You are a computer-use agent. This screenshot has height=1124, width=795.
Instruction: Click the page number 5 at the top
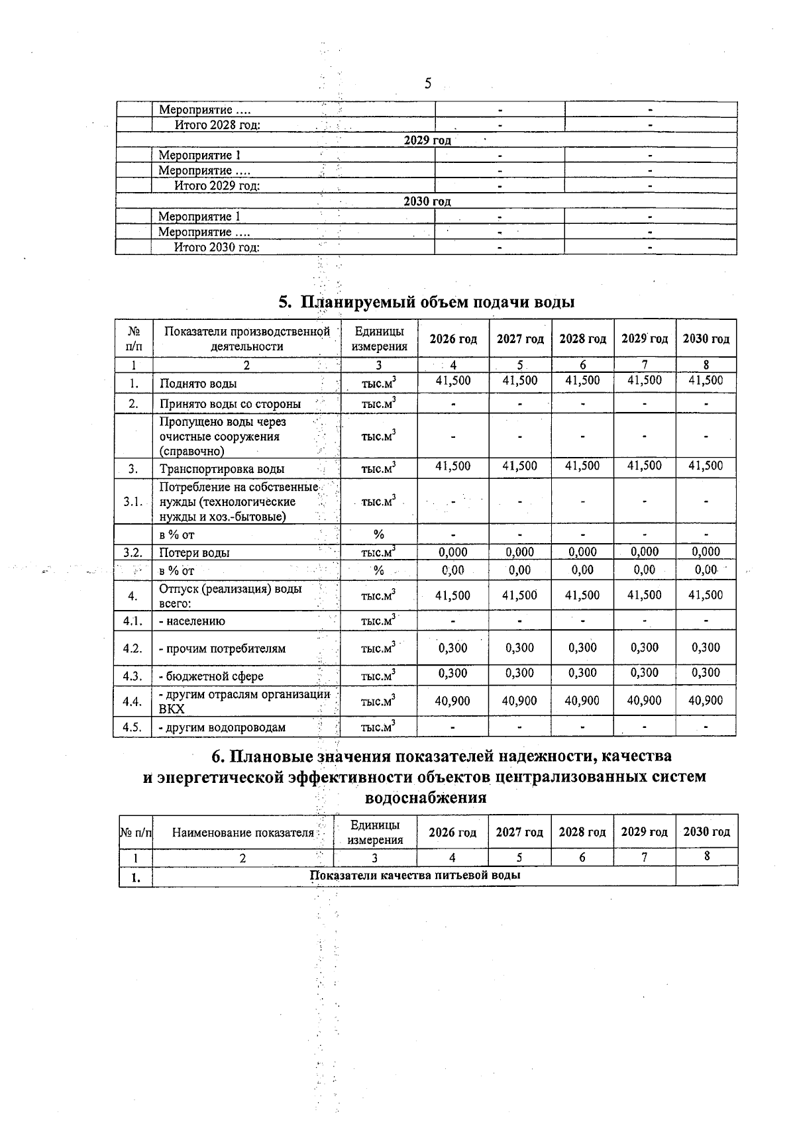[427, 84]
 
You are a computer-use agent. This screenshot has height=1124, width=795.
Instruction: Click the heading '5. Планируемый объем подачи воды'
[426, 302]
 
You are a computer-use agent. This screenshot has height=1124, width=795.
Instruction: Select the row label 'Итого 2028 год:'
[217, 125]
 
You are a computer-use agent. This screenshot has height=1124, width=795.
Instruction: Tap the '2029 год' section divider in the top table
[427, 140]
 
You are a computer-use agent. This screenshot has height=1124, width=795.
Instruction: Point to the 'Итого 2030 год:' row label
[217, 247]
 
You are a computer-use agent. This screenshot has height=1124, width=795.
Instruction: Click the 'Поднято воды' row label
[198, 383]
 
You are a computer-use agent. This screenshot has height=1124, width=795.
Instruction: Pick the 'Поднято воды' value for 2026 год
[452, 381]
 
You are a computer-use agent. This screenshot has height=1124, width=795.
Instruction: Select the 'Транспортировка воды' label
[222, 469]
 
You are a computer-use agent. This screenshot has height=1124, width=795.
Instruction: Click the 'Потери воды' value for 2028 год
[582, 552]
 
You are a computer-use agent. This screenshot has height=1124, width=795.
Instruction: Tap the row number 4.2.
[132, 648]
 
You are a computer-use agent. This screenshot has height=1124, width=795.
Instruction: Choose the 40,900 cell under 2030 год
[706, 700]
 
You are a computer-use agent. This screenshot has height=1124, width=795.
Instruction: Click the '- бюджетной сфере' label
[211, 676]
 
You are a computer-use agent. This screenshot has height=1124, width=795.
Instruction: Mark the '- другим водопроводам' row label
[222, 727]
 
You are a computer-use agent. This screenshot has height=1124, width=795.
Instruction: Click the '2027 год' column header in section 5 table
[520, 339]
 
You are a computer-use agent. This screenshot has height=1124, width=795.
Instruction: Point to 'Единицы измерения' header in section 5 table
[379, 338]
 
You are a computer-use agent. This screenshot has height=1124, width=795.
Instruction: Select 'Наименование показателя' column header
[242, 833]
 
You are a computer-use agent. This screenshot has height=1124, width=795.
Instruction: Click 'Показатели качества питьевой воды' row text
[415, 876]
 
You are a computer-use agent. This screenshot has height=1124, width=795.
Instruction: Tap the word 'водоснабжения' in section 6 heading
[426, 797]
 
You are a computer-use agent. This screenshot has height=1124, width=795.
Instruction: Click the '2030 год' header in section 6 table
[706, 832]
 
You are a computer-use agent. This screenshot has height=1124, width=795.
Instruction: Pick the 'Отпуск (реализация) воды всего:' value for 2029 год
[644, 595]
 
